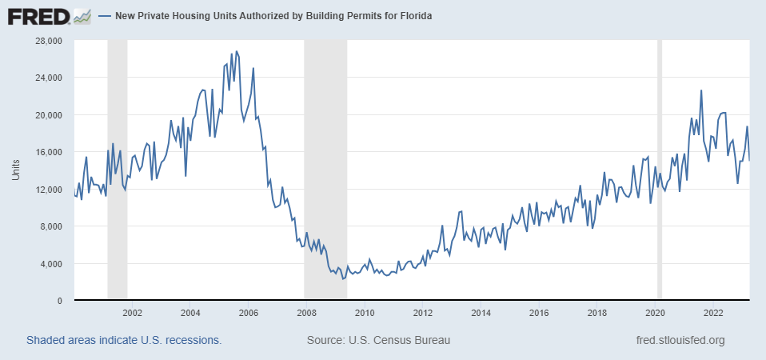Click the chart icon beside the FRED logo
tap(82, 15)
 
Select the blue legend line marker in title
tap(105, 16)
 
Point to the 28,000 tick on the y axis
tap(50, 41)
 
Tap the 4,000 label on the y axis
tap(52, 264)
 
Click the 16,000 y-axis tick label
tap(50, 152)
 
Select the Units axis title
tap(15, 170)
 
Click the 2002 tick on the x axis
tap(132, 312)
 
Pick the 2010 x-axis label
tap(365, 312)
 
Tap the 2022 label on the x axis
tap(713, 312)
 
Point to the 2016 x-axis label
tap(539, 312)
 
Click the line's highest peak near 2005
tap(236, 51)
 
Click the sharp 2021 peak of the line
tap(701, 90)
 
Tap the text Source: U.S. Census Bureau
tap(378, 341)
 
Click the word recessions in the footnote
tap(192, 341)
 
